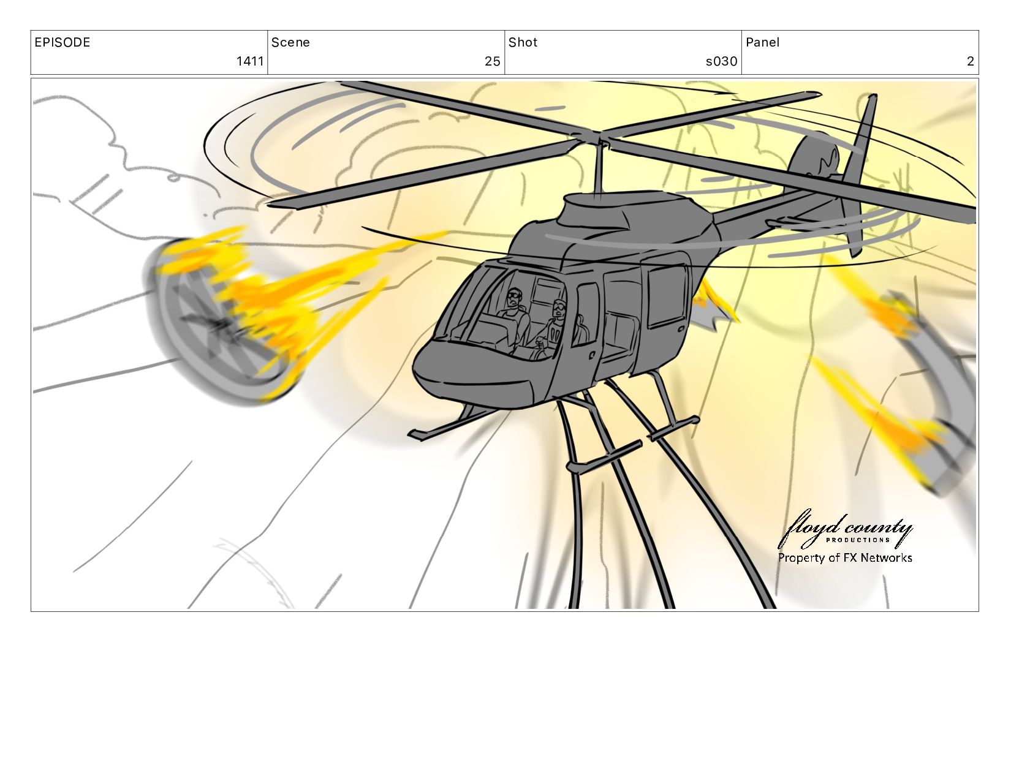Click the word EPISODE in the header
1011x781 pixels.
62,42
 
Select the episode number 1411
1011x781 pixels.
250,61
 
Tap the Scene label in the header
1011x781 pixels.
290,42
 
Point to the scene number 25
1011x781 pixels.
493,61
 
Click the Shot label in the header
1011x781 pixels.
523,42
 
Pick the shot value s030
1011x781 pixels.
722,61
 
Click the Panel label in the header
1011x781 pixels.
762,42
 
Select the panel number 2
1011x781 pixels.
970,61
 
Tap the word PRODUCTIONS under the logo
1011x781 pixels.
857,540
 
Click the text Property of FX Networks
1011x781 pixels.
845,558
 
